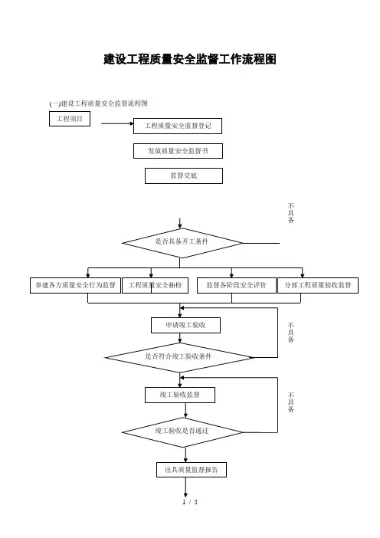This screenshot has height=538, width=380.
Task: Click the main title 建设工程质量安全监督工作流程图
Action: pos(190,59)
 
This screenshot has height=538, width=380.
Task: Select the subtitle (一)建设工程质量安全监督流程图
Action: pos(98,103)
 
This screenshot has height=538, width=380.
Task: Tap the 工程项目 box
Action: pos(70,119)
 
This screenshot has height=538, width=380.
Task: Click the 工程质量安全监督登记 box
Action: pos(178,126)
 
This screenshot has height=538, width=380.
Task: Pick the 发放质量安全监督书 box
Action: pos(178,151)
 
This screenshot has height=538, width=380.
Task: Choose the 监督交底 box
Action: pos(184,176)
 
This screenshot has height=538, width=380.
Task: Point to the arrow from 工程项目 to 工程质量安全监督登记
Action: pos(117,123)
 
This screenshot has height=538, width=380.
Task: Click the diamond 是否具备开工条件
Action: pos(182,243)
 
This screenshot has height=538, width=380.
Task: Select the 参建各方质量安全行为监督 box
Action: pos(75,285)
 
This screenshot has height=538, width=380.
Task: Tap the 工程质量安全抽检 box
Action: pos(155,285)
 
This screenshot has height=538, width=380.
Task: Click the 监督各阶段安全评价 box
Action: pos(237,285)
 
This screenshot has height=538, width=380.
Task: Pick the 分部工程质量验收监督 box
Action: pos(318,285)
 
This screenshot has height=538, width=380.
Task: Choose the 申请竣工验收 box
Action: pos(185,325)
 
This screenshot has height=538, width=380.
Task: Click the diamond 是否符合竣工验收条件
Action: pos(179,357)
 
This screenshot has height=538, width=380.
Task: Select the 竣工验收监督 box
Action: pos(180,395)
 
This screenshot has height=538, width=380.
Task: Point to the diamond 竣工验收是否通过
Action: pos(182,432)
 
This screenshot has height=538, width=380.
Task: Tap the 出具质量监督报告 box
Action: pos(192,470)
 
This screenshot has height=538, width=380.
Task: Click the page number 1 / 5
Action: pos(190,502)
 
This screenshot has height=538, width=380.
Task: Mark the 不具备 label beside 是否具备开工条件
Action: pos(291,213)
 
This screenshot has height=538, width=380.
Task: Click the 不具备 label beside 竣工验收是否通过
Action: pos(291,402)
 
